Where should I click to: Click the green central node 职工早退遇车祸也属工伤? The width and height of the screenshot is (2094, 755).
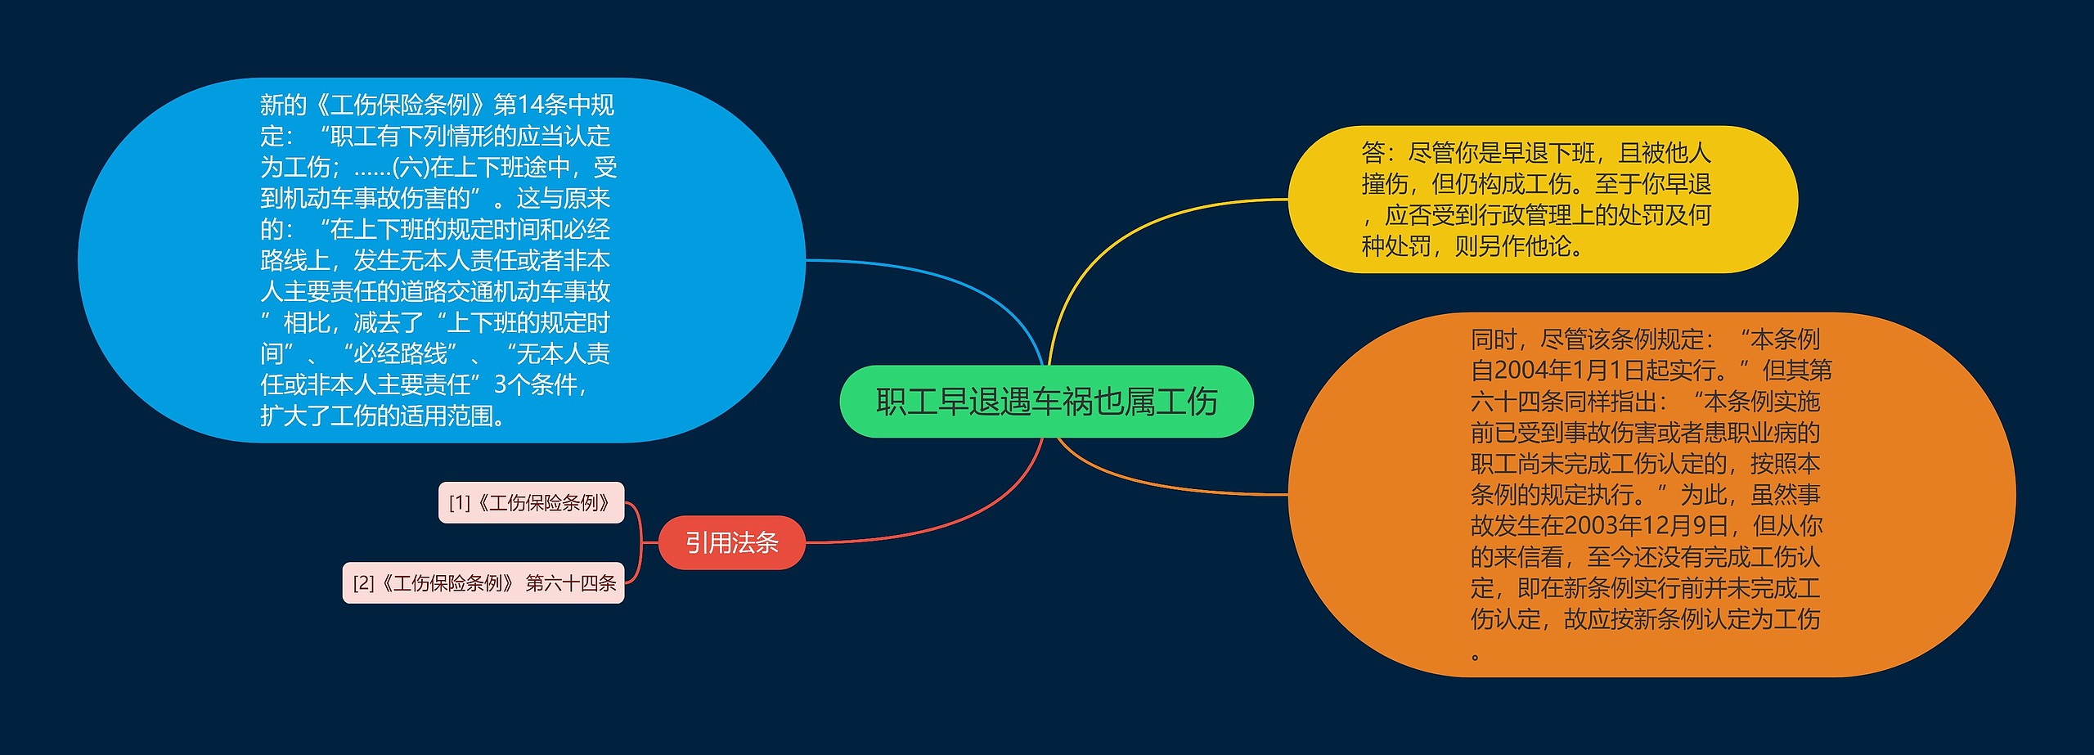[1046, 402]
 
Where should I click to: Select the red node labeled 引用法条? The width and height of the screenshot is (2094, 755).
[732, 542]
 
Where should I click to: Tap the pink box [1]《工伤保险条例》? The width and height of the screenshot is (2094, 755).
[531, 502]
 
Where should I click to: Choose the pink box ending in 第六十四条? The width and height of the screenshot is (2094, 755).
[483, 582]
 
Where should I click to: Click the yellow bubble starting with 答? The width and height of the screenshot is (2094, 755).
[1543, 200]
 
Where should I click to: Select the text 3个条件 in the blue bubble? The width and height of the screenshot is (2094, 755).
[536, 384]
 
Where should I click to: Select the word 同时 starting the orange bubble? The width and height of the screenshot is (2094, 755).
[1494, 339]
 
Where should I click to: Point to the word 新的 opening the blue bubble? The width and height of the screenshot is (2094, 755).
[283, 105]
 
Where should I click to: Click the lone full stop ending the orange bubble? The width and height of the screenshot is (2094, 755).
[1476, 657]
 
